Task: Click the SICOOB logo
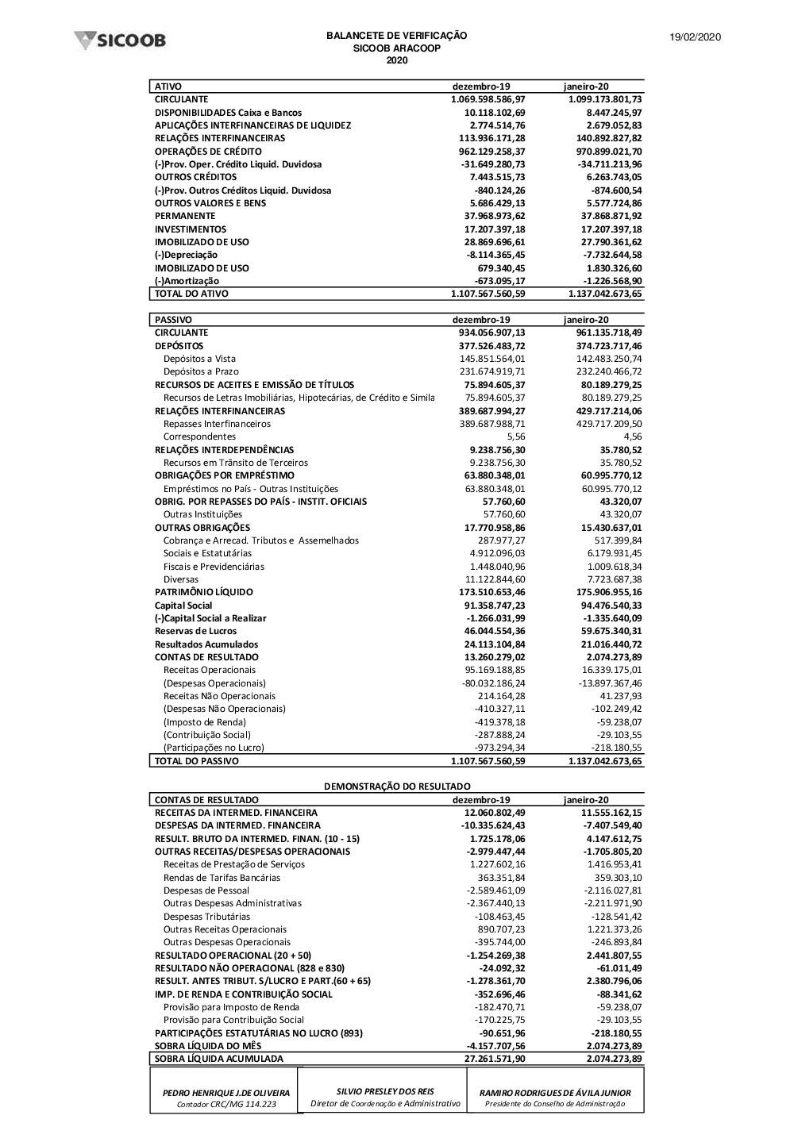[x=120, y=40]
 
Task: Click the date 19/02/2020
[x=695, y=37]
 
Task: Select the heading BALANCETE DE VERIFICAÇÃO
[x=396, y=36]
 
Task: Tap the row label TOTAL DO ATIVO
[x=191, y=294]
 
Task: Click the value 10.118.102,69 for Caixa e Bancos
[x=495, y=113]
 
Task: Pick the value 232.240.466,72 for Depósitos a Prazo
[x=611, y=371]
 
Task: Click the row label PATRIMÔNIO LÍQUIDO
[x=203, y=592]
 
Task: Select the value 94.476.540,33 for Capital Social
[x=611, y=606]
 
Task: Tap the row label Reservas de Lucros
[x=195, y=631]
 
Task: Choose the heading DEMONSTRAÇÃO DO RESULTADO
[x=396, y=786]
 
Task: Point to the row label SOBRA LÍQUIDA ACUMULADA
[x=218, y=1059]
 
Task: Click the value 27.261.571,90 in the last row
[x=495, y=1059]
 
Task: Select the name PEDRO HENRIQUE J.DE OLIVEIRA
[x=226, y=1093]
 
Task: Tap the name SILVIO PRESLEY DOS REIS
[x=385, y=1091]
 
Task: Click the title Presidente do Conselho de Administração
[x=555, y=1104]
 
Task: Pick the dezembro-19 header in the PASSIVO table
[x=481, y=320]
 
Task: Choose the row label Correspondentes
[x=199, y=437]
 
